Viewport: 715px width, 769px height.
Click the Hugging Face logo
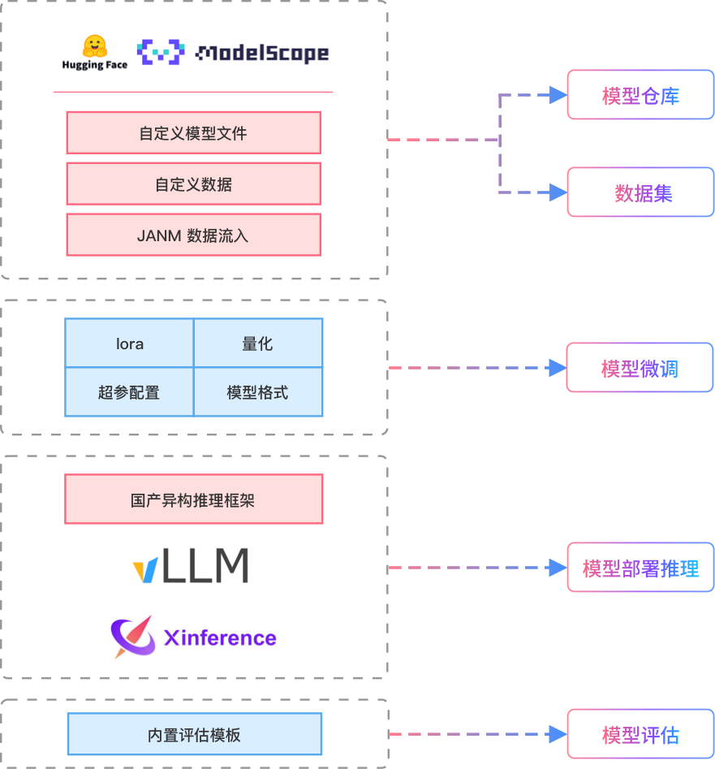pos(95,52)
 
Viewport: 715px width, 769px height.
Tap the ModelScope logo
pos(235,53)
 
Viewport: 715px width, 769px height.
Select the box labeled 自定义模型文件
pos(193,133)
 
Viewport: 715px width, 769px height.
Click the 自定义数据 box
pos(193,184)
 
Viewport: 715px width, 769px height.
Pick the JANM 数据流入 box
pos(193,235)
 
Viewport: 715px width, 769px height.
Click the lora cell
pos(129,343)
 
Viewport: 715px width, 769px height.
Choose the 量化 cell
pos(258,343)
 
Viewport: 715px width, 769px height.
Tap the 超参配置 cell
pos(129,392)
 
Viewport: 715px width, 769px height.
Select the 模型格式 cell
pos(258,392)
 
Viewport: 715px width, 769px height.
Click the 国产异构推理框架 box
pos(193,499)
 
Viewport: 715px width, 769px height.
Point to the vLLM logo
pos(192,565)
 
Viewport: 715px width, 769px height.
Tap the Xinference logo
pos(192,637)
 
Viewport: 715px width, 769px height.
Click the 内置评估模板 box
pos(194,736)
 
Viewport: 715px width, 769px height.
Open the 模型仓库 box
pos(640,95)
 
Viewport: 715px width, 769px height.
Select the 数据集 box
pos(640,192)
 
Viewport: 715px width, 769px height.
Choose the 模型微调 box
pos(640,368)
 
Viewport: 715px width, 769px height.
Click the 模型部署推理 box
pos(640,568)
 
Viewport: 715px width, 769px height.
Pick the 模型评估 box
pos(640,735)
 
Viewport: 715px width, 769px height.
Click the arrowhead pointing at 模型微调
pos(558,368)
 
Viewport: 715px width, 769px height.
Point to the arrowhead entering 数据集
pos(558,192)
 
